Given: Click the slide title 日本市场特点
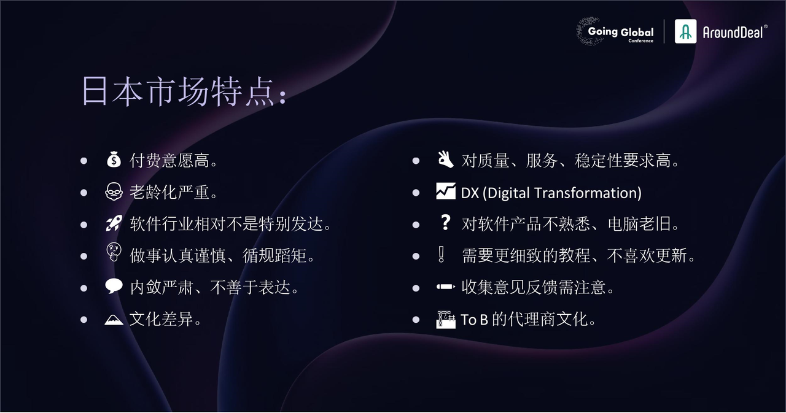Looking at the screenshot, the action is [185, 91].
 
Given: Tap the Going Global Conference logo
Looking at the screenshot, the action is [615, 31].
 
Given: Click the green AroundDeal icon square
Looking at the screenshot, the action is [685, 31].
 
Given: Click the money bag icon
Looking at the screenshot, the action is [114, 160].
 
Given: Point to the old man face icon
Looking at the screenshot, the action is [114, 191].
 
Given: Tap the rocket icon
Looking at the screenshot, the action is [114, 223].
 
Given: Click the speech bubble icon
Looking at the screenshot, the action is [114, 286].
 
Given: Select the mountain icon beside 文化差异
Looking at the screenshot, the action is [114, 319].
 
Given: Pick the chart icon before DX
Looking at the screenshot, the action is [446, 191].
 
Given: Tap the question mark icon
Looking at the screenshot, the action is [445, 223].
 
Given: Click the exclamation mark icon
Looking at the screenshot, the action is [442, 254].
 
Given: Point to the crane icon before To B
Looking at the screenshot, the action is [446, 319].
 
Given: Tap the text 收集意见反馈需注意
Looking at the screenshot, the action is [534, 287].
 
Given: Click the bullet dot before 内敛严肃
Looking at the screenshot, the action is [84, 288].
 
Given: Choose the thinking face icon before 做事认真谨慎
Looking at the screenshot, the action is [114, 252].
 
